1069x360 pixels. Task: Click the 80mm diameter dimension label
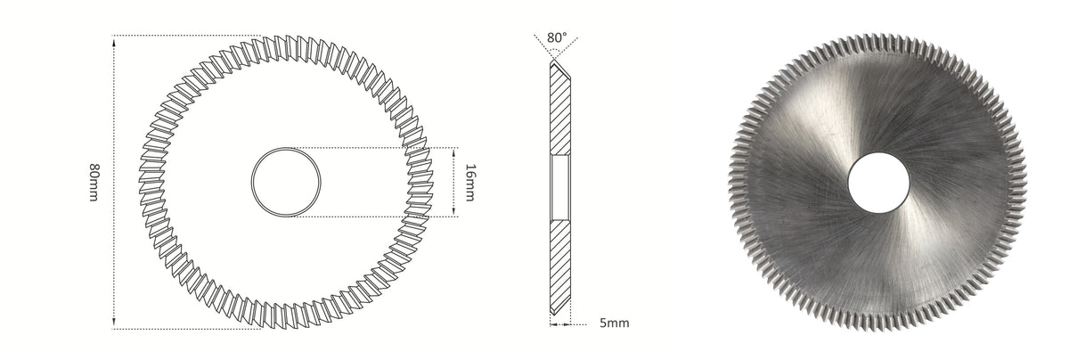point(94,183)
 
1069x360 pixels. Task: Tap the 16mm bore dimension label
point(469,183)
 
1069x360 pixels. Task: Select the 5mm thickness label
point(614,323)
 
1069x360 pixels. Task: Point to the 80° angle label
point(557,37)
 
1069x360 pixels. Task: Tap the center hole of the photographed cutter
point(878,183)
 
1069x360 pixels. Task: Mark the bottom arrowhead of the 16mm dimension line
point(453,211)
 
